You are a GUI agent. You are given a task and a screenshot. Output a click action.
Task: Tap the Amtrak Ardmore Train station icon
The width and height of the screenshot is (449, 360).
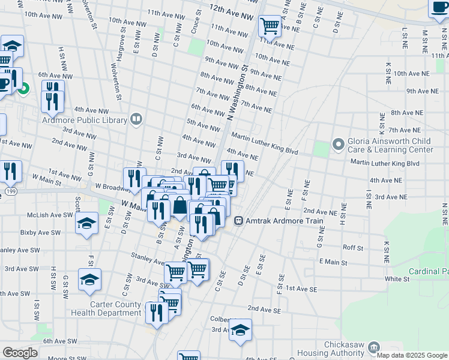[x=238, y=221]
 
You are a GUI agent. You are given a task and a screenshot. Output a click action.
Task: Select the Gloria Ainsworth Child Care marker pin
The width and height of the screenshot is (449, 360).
[x=338, y=145]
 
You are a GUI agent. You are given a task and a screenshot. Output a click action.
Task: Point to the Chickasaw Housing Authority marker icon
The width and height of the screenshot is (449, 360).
[x=373, y=347]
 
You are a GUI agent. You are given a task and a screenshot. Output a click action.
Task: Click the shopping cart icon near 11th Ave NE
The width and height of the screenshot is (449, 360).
[x=270, y=26]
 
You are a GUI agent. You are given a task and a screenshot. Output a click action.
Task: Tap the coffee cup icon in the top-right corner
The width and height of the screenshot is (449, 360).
[x=439, y=8]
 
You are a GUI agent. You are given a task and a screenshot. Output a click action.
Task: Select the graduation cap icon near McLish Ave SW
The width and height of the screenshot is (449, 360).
[x=87, y=224]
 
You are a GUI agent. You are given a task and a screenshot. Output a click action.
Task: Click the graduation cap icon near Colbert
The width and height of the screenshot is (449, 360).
[x=240, y=331]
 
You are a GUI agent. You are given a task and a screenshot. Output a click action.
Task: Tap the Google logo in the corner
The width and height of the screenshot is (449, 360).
[x=20, y=353]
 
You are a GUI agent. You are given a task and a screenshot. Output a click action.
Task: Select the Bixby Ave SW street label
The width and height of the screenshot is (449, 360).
[x=41, y=232]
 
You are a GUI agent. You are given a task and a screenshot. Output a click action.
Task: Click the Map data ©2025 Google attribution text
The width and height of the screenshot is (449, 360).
[x=411, y=355]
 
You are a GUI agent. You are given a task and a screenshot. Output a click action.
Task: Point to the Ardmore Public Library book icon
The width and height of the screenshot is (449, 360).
[x=136, y=119]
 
